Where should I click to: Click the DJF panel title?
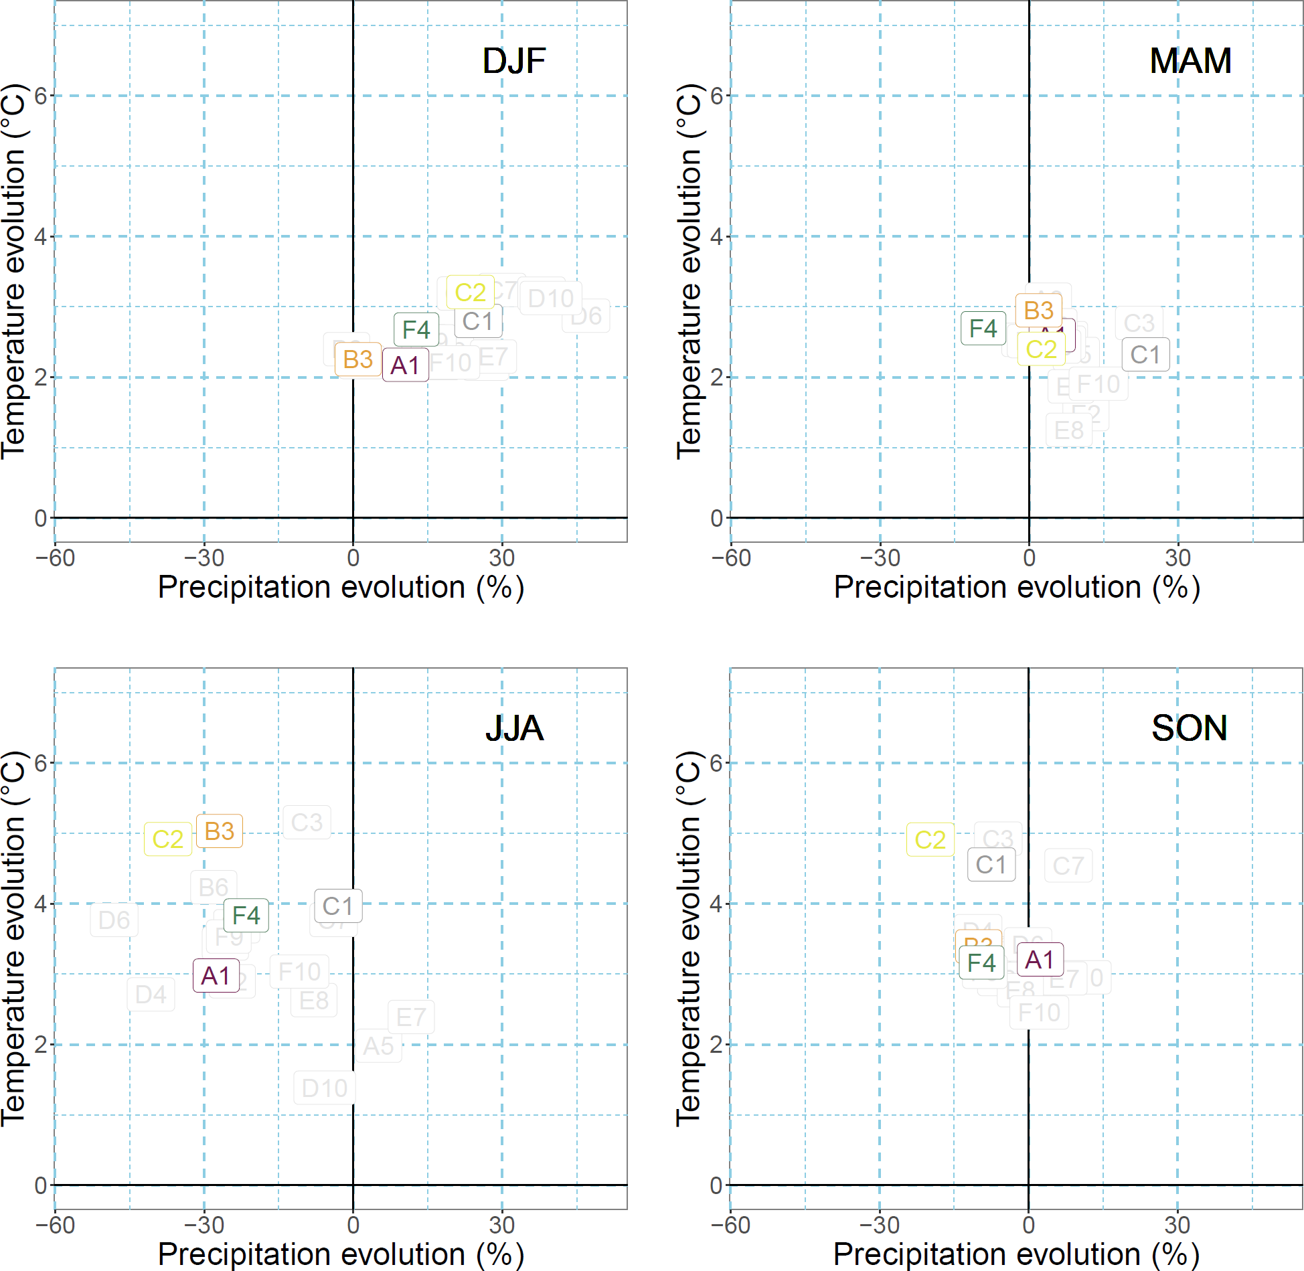click(x=514, y=61)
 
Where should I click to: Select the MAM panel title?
click(x=1190, y=61)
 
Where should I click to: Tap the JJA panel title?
click(x=514, y=728)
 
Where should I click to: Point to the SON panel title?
click(x=1190, y=728)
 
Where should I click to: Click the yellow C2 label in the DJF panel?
click(x=470, y=292)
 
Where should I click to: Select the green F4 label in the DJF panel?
click(x=416, y=329)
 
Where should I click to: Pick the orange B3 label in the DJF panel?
click(x=357, y=359)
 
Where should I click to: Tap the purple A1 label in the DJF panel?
click(x=405, y=365)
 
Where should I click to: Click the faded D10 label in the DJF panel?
click(x=550, y=299)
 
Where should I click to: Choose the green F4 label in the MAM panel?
click(x=983, y=328)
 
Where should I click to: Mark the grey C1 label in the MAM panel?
click(x=1145, y=355)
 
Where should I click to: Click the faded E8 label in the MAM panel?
click(x=1069, y=430)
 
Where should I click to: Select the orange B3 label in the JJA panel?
click(x=219, y=831)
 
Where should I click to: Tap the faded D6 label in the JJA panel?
click(x=114, y=920)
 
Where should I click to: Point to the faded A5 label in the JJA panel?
click(x=378, y=1046)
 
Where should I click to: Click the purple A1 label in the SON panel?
click(x=1040, y=960)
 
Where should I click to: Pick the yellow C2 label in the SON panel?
click(x=930, y=840)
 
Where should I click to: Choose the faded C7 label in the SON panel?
click(x=1068, y=866)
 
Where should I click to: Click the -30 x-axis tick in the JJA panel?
click(x=204, y=1225)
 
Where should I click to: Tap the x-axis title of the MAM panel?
click(x=1016, y=588)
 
